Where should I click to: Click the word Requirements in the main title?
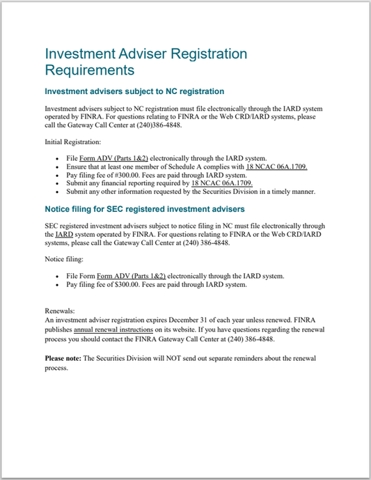tap(89, 70)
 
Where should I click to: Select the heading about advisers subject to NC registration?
tap(134, 91)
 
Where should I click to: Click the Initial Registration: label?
tap(72, 142)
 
